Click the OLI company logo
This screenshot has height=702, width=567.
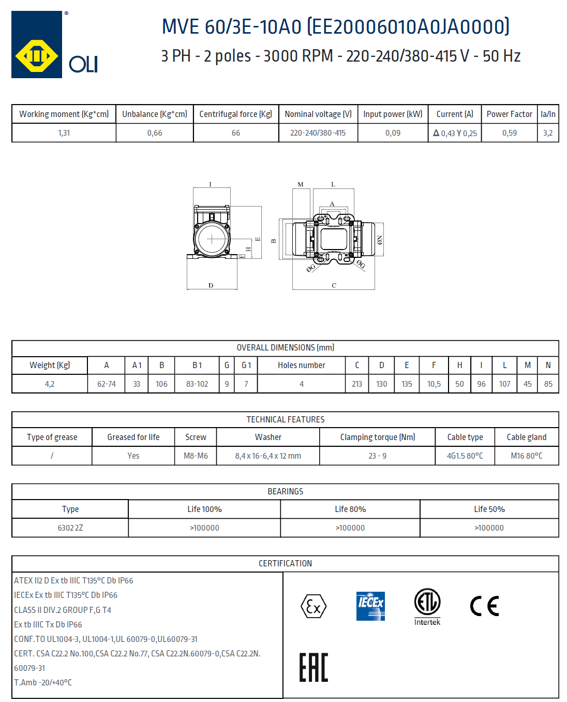(54, 45)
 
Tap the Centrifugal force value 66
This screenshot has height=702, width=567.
(236, 133)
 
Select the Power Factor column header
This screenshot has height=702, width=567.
(509, 114)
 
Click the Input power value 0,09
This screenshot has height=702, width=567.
(393, 133)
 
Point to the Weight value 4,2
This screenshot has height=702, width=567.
(50, 384)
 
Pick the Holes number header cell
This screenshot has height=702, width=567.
(301, 365)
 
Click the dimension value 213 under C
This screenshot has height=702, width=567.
(357, 384)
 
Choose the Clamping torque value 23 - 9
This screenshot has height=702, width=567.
(377, 456)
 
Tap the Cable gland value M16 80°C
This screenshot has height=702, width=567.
(526, 456)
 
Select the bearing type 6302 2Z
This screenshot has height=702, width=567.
(70, 528)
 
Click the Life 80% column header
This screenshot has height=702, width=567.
(350, 509)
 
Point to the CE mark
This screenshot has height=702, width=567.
(484, 606)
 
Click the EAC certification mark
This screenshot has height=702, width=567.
(314, 667)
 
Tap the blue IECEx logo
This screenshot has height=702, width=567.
(370, 606)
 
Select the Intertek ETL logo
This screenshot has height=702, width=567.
(427, 606)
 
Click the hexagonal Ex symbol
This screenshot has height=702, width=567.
(314, 606)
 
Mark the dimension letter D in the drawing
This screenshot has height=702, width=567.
(211, 285)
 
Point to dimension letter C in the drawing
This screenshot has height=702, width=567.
(334, 285)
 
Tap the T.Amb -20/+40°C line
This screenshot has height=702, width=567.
(43, 682)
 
